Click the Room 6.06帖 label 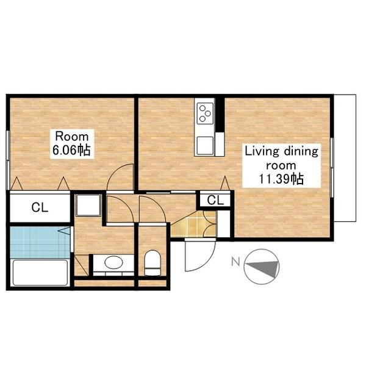[72, 143]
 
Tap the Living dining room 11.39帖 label [281, 165]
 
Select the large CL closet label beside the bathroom [40, 207]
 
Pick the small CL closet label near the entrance [215, 200]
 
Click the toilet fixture [152, 263]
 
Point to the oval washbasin [113, 262]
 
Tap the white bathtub [40, 273]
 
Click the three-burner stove [205, 113]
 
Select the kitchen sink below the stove [205, 146]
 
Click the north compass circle [262, 267]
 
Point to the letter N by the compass [235, 262]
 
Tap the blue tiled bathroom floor [40, 242]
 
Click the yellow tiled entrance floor [193, 224]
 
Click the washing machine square [88, 206]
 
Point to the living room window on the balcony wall [332, 168]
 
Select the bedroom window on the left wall [8, 160]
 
